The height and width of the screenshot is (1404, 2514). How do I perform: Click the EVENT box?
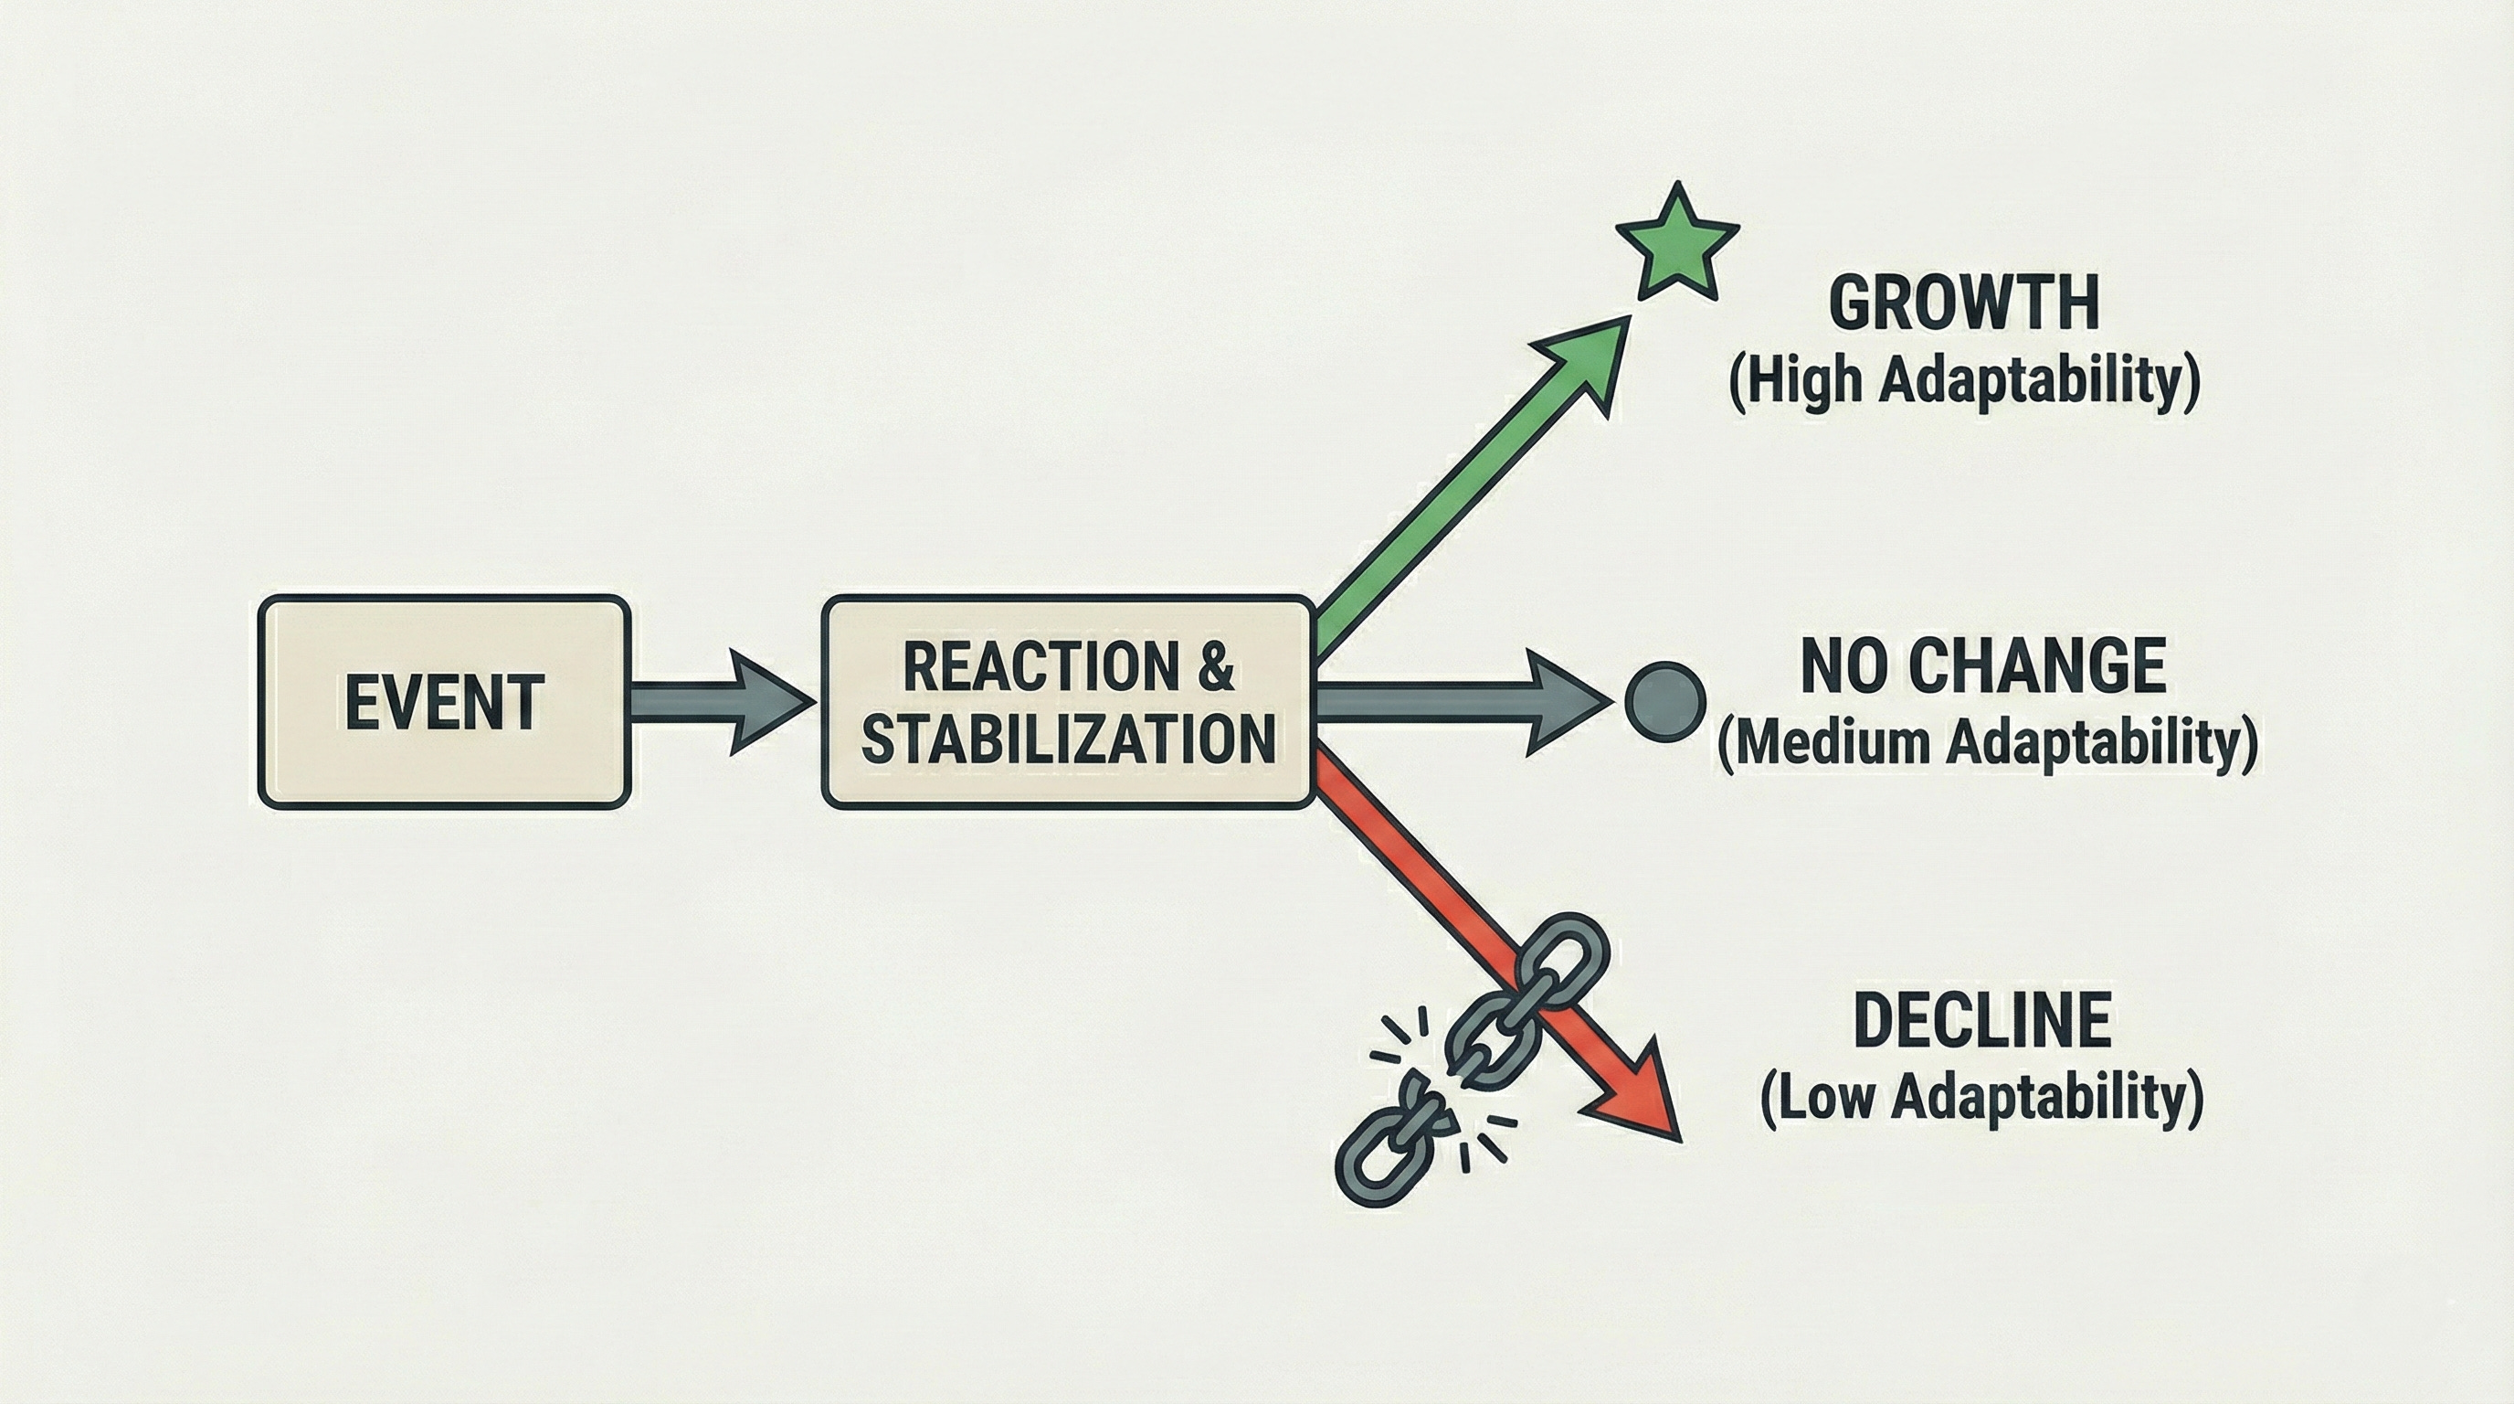click(444, 701)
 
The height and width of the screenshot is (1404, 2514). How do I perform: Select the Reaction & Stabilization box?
click(1068, 701)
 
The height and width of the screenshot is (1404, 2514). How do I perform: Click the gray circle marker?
click(1666, 701)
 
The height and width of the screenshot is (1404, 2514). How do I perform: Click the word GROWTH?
click(1963, 303)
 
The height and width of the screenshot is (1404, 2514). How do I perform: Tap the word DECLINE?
click(1981, 1020)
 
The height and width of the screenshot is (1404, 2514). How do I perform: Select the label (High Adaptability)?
click(1963, 381)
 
